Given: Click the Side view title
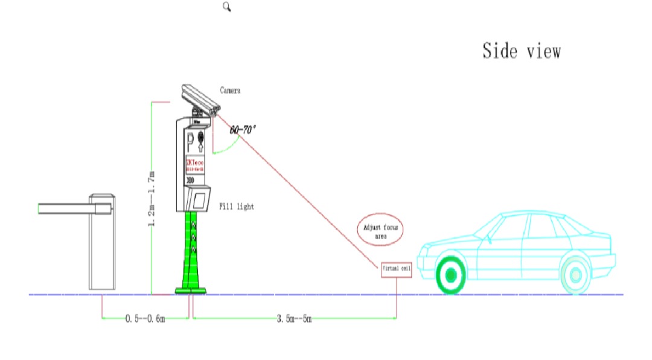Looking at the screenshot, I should [x=521, y=51].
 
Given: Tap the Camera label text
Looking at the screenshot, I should [x=231, y=91].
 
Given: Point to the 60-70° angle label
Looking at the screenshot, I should [x=243, y=129].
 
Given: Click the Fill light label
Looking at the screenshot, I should [x=237, y=207].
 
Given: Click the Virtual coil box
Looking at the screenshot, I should [x=396, y=271].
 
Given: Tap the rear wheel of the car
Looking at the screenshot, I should [x=575, y=275].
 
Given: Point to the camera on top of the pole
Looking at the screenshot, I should [x=199, y=97].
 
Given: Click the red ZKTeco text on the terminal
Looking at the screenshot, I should [x=194, y=163].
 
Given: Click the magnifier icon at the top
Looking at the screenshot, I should [x=227, y=7].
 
